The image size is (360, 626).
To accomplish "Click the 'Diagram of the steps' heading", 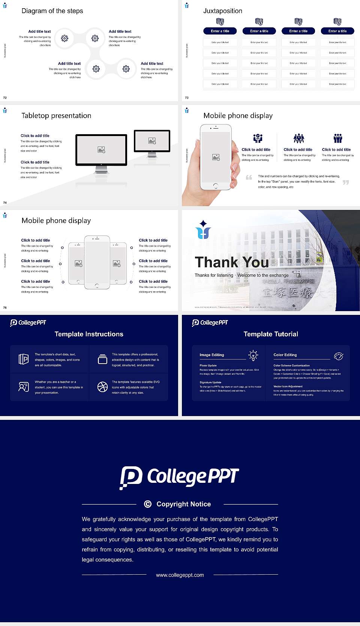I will click(52, 11).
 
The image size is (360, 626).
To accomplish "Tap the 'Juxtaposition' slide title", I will click(222, 11).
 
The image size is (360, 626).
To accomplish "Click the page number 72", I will click(5, 97).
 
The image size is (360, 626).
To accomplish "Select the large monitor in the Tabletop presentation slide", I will click(101, 150).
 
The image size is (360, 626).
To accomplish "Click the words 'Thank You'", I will click(231, 262).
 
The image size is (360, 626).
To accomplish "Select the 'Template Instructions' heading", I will click(89, 334).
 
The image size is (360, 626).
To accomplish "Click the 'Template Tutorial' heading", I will click(271, 334).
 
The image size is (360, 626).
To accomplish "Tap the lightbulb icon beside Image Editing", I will click(253, 355).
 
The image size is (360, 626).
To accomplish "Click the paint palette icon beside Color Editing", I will click(339, 356).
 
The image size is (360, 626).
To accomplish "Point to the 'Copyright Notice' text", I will click(183, 504).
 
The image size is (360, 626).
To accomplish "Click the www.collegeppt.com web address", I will click(180, 575).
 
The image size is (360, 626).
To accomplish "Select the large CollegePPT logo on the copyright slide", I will click(179, 477).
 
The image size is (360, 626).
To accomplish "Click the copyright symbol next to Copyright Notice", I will click(148, 504).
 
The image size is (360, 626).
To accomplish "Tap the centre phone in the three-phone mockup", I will click(97, 262).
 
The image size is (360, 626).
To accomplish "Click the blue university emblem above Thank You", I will click(203, 229).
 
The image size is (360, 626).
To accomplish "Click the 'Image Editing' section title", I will click(211, 355).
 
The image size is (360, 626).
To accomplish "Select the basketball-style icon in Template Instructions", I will click(102, 387).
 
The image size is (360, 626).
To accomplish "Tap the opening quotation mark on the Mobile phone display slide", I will click(249, 177).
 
